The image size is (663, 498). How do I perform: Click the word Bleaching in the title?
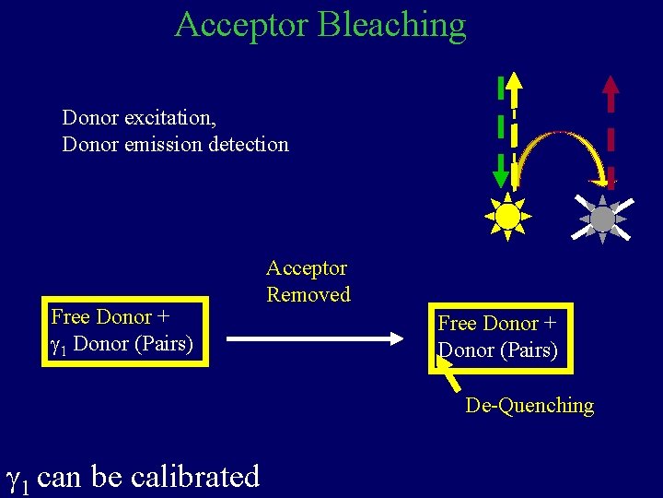pyautogui.click(x=391, y=25)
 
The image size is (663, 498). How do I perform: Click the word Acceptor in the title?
pyautogui.click(x=241, y=25)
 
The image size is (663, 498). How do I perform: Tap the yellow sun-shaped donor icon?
pyautogui.click(x=507, y=216)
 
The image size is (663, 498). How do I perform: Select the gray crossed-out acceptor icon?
pyautogui.click(x=601, y=219)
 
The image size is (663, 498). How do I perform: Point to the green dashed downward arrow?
pyautogui.click(x=498, y=134)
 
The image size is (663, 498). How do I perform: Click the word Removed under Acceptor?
pyautogui.click(x=308, y=295)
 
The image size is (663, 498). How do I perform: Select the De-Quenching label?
pyautogui.click(x=529, y=406)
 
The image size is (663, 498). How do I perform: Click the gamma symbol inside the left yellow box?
pyautogui.click(x=56, y=345)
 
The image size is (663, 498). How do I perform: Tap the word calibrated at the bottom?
pyautogui.click(x=195, y=477)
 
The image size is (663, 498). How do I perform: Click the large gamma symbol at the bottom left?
pyautogui.click(x=17, y=478)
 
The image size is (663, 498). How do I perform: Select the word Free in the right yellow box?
pyautogui.click(x=458, y=324)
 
